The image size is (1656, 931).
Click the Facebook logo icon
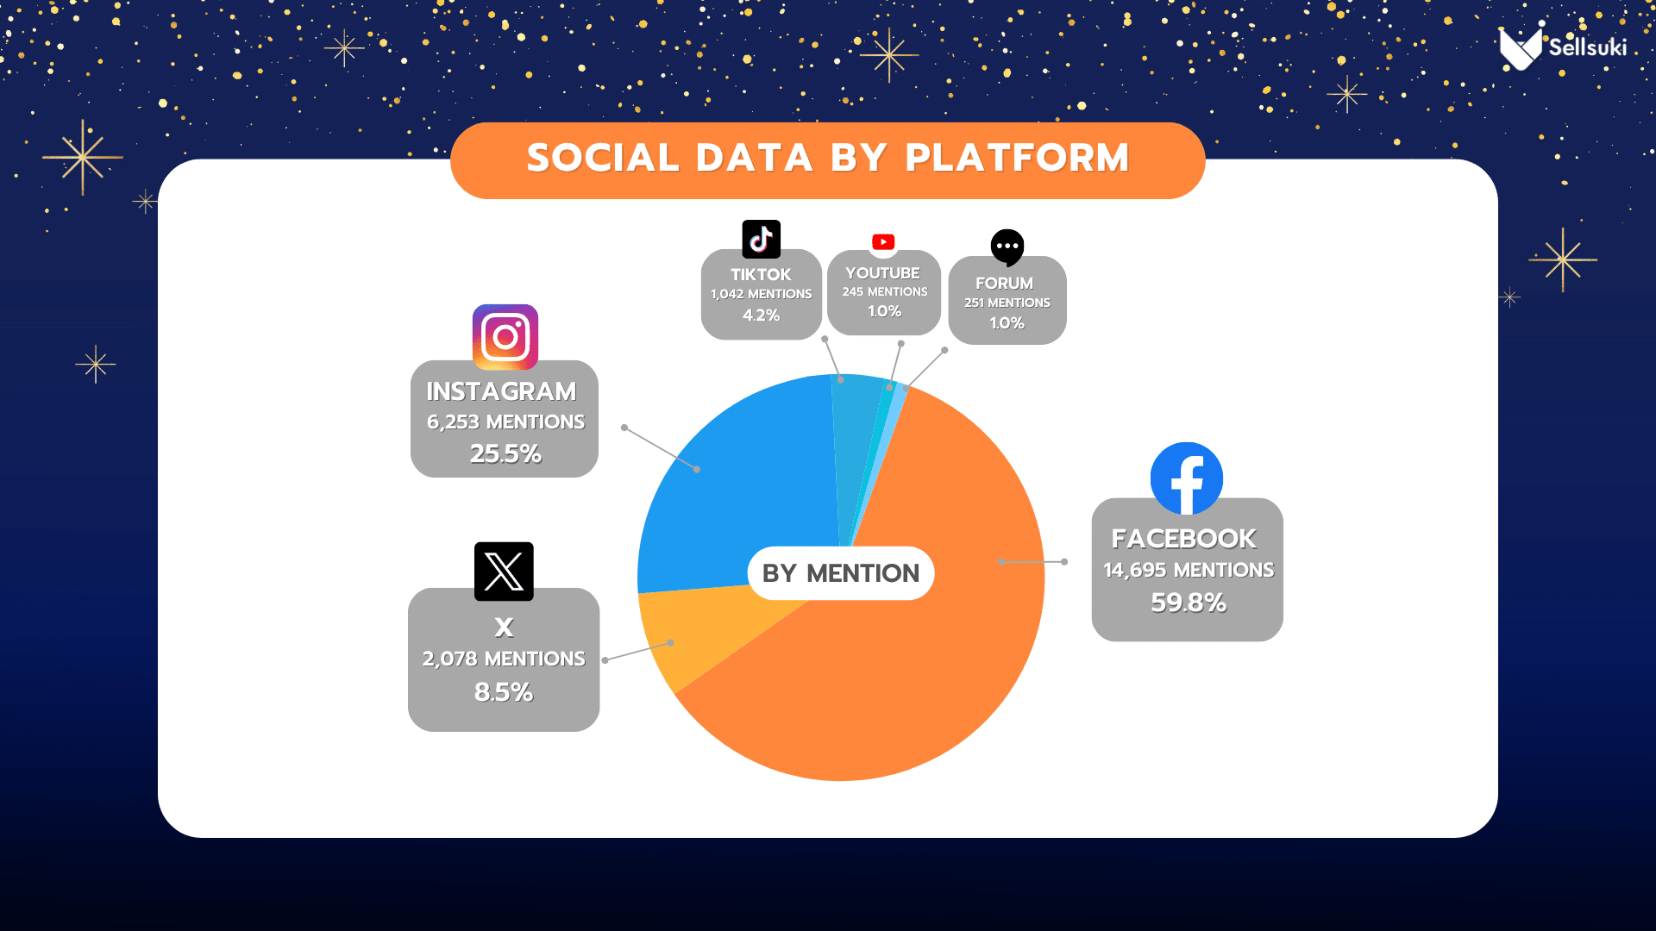click(x=1187, y=478)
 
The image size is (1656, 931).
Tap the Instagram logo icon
click(x=505, y=337)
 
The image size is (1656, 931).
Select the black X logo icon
click(x=504, y=572)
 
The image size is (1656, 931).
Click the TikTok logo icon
click(x=761, y=239)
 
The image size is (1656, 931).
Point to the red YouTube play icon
click(x=883, y=242)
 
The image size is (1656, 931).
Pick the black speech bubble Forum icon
click(x=1007, y=248)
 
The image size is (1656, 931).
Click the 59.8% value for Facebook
click(x=1189, y=603)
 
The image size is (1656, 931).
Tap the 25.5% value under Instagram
click(x=505, y=453)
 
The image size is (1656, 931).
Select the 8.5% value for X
click(x=504, y=692)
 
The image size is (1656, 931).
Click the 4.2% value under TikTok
click(x=762, y=316)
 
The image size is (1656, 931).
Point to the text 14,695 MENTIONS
click(x=1189, y=570)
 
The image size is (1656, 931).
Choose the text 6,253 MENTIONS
click(x=505, y=422)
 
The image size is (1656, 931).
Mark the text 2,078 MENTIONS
click(x=504, y=659)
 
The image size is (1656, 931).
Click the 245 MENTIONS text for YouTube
click(x=885, y=292)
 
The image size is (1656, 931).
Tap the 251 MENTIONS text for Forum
click(x=1007, y=303)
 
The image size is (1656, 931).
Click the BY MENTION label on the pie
click(x=841, y=573)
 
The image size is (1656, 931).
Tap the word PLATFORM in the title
click(x=1017, y=158)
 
